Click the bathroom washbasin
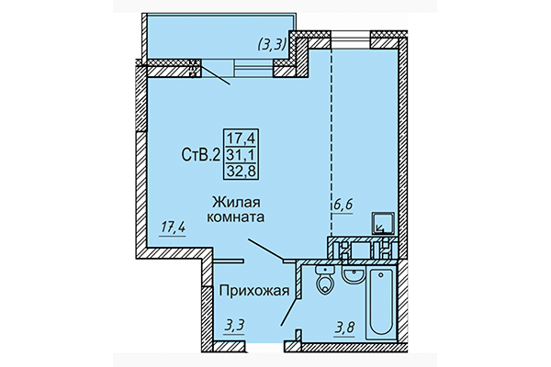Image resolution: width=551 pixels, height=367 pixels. (349, 273)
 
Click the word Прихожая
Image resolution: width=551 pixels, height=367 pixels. (253, 292)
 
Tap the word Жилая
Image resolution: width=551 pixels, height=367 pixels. (236, 202)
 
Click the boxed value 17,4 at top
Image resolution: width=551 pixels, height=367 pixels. (243, 139)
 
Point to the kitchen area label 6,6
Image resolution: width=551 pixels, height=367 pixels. (343, 206)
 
